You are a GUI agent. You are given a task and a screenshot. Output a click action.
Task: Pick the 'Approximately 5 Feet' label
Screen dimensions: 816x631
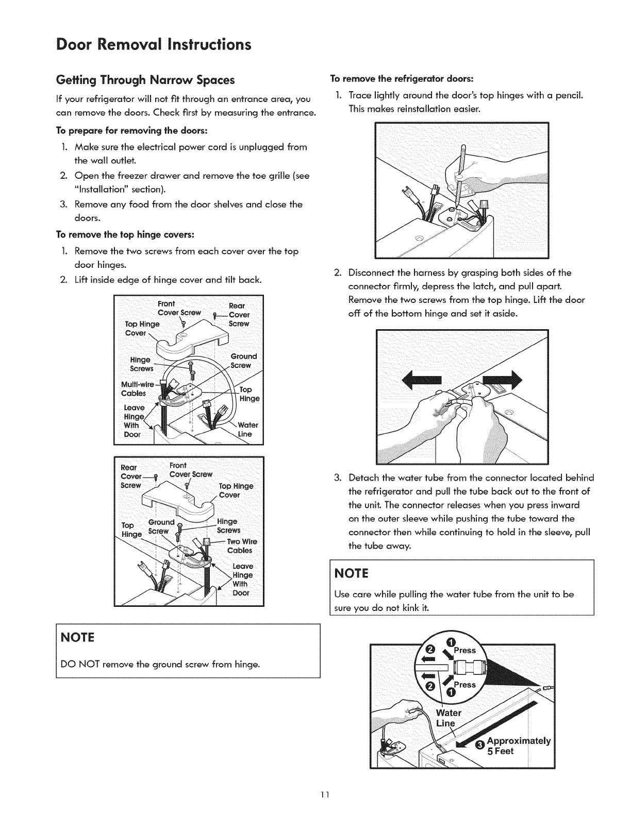518,746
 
